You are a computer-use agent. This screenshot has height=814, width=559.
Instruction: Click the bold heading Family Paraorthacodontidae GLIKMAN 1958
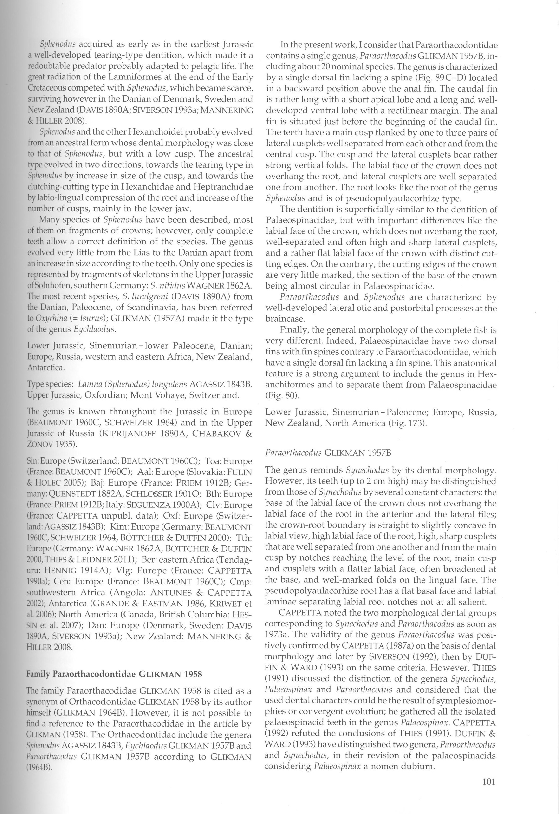(x=114, y=674)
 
